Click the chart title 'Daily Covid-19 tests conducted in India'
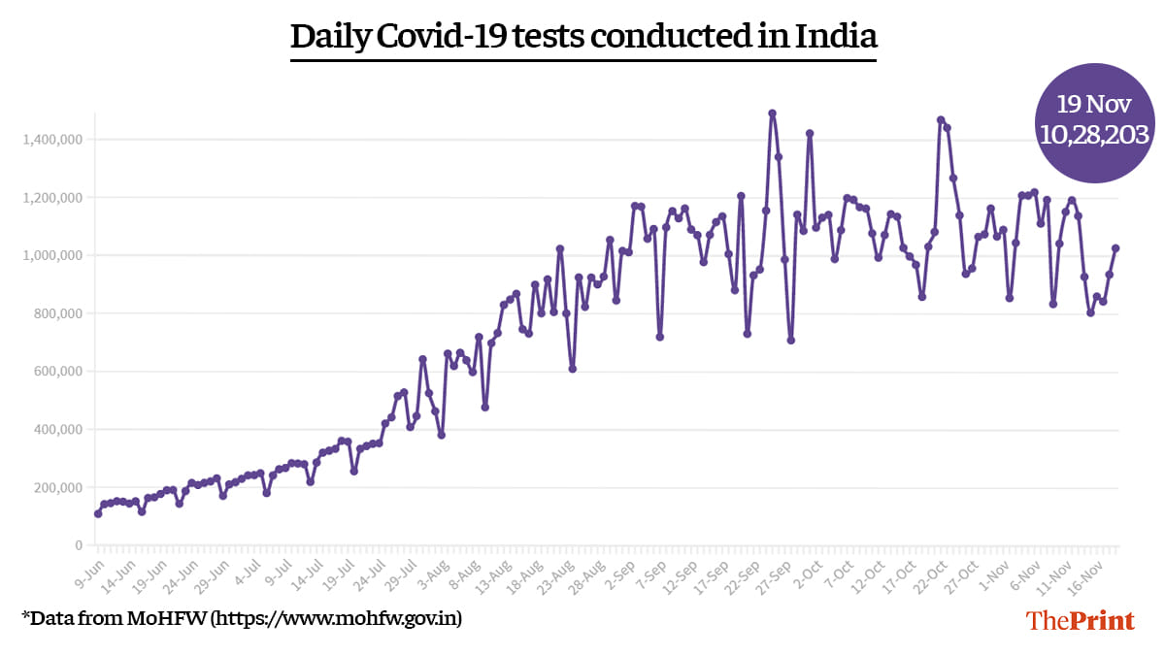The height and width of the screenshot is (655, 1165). pyautogui.click(x=583, y=37)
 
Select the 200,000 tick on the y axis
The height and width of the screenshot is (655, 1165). pyautogui.click(x=57, y=487)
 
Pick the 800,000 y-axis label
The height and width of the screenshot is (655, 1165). pyautogui.click(x=57, y=313)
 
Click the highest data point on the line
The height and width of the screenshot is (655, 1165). pyautogui.click(x=772, y=114)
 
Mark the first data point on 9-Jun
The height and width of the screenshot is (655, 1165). pyautogui.click(x=98, y=513)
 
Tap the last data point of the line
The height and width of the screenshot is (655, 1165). pyautogui.click(x=1115, y=248)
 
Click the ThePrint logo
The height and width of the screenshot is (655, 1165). pyautogui.click(x=1081, y=620)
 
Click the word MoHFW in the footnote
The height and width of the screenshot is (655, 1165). pyautogui.click(x=167, y=617)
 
